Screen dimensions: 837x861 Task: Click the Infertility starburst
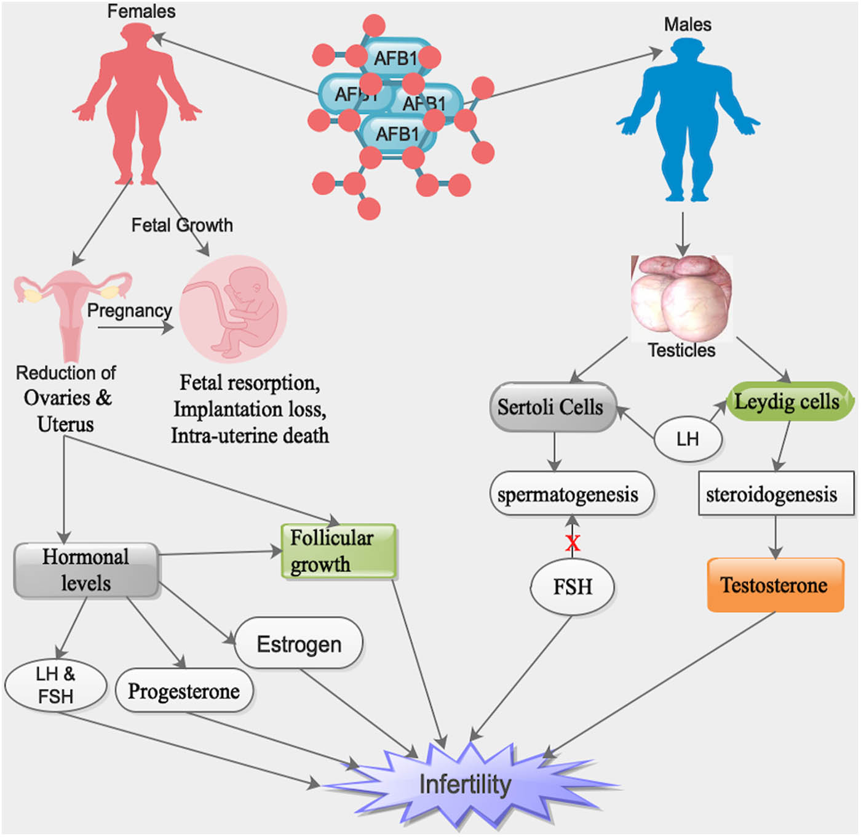click(466, 784)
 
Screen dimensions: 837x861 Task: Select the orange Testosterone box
click(775, 585)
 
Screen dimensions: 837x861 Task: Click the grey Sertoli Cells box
click(552, 407)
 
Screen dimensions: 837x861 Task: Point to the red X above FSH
click(573, 543)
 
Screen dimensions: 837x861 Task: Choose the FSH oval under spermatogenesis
click(573, 587)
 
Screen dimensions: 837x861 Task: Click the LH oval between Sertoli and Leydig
click(688, 439)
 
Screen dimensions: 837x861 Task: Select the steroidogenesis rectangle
click(776, 494)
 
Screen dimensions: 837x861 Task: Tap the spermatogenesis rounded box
click(571, 494)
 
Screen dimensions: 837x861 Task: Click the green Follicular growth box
click(338, 551)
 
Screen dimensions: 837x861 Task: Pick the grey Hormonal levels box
click(86, 570)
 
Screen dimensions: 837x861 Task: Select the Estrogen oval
click(299, 644)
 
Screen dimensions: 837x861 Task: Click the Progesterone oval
click(184, 691)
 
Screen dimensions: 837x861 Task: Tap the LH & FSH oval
click(55, 685)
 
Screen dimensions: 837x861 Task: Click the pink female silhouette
click(137, 105)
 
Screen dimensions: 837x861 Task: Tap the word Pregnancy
click(129, 310)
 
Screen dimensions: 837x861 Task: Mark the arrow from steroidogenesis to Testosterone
click(775, 536)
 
